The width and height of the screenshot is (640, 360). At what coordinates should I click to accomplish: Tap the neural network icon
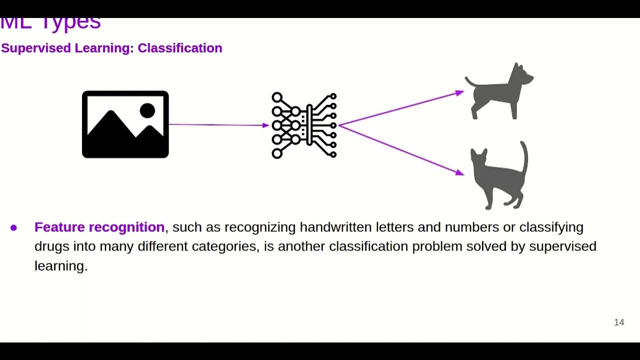point(304,125)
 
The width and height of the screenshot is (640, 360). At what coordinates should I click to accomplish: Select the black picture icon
point(125,124)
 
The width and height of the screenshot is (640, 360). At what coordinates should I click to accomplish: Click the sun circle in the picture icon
point(147,110)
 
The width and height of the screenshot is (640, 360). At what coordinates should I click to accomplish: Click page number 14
point(619,322)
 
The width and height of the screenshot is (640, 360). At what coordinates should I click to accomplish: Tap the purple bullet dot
point(13,228)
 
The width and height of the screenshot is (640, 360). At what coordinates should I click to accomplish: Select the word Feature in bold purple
point(59,227)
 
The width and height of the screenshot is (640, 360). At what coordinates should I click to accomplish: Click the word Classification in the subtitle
point(179,48)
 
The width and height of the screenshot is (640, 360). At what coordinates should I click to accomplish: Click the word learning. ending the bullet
point(61,266)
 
